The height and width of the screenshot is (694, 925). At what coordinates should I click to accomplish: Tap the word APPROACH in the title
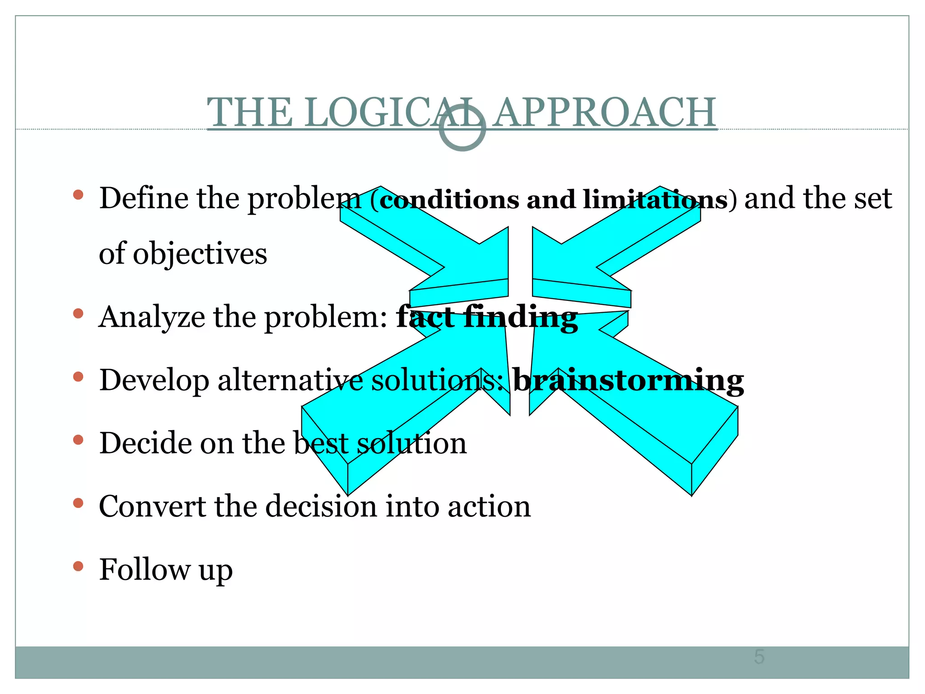604,113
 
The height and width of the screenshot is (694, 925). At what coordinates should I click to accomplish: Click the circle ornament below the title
462,128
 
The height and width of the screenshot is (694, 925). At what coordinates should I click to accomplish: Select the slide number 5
759,656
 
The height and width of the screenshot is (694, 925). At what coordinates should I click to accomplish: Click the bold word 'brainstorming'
628,380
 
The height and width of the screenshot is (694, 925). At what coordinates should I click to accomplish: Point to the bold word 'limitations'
655,199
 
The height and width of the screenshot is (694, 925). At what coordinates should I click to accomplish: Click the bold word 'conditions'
449,199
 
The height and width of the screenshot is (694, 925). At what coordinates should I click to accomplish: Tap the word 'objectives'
200,254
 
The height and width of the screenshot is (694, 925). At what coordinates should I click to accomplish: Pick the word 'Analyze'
152,317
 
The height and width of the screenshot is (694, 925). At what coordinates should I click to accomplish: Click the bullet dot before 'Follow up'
78,566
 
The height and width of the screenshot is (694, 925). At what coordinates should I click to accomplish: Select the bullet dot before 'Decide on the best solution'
78,440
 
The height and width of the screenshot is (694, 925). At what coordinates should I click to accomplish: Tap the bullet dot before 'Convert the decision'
78,503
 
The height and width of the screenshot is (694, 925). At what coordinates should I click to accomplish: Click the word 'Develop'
154,380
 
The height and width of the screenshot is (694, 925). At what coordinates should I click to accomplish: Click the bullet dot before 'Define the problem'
78,195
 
